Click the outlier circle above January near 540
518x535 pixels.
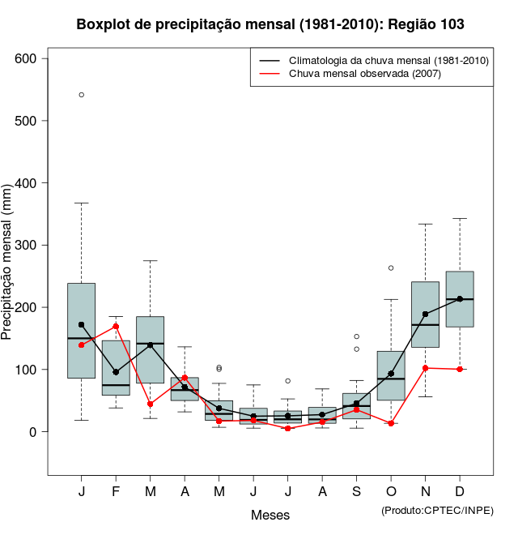pos(82,95)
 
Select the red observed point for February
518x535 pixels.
pos(116,326)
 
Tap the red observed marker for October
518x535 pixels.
pos(391,423)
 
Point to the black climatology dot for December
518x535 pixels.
pos(460,299)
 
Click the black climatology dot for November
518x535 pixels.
pos(425,314)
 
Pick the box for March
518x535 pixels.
pos(151,349)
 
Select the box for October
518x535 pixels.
pos(391,375)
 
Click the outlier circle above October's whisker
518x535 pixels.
pos(391,267)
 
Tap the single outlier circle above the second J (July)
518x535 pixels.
pos(288,380)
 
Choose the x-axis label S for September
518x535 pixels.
pos(356,492)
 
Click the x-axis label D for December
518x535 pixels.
pos(460,492)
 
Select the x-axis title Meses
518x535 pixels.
pos(270,515)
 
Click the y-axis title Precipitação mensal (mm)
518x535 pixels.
pos(7,272)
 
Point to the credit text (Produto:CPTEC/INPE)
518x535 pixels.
pos(437,510)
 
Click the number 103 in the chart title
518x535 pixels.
pos(448,24)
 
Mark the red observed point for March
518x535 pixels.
pos(151,404)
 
